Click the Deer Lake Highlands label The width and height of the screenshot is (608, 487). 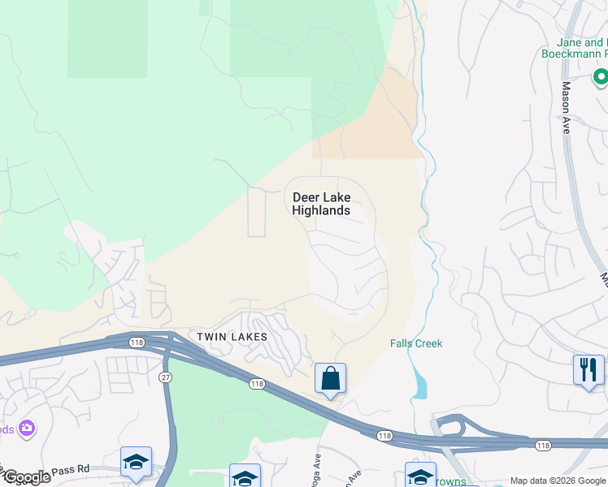coord(321,204)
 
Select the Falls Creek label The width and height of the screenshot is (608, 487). coord(416,343)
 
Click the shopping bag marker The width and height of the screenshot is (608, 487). coord(330,378)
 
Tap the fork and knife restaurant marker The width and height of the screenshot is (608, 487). coord(588,370)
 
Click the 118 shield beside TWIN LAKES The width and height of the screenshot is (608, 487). coord(132,343)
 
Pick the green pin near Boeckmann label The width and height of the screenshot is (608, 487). coord(600,78)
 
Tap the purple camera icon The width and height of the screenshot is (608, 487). coord(28,427)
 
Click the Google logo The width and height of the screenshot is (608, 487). coord(26,477)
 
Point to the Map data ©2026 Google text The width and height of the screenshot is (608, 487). coord(558,481)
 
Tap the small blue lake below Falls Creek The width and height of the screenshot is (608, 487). coord(419,382)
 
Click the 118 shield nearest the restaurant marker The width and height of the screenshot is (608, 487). coord(543,445)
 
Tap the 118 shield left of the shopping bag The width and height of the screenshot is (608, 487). coord(258,384)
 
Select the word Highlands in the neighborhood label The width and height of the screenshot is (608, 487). coord(321,211)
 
